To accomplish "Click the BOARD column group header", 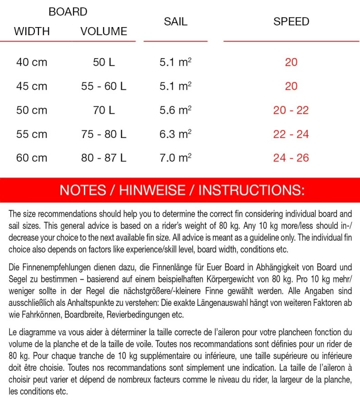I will coord(68,12).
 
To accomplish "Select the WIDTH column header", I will coord(32,32).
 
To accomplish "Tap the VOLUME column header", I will coord(104,32).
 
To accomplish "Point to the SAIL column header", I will coord(175,22).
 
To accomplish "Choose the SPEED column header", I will coord(291,22).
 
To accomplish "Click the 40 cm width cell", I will coord(32,62).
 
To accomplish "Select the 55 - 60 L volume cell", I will coord(104,86).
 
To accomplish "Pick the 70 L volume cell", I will coord(104,110).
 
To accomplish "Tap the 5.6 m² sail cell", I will coord(175,110).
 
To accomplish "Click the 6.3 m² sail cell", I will coord(175,134).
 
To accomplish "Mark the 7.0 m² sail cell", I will coord(175,158).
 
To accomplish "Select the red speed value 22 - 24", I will coord(291,134).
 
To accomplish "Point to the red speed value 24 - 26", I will coord(291,158).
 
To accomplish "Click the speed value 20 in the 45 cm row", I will coord(291,86).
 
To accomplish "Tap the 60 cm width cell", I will coord(32,158).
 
